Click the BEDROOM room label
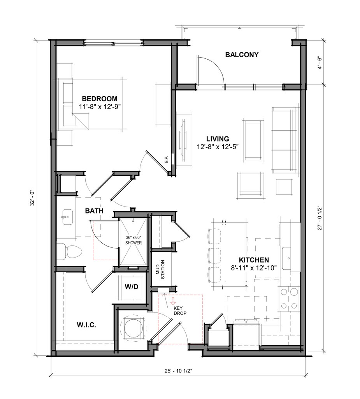tap(100, 99)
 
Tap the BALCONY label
tap(242, 55)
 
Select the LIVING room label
tap(218, 139)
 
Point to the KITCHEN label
tap(254, 260)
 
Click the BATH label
tap(94, 211)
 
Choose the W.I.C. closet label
tap(86, 325)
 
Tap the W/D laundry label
tap(132, 287)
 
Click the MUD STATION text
tap(160, 270)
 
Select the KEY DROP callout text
tap(180, 311)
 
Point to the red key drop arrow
tap(173, 301)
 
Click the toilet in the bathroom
tap(69, 252)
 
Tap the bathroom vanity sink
tap(67, 217)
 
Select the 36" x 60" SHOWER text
tap(133, 240)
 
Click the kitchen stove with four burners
tap(289, 299)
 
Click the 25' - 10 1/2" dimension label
tap(178, 371)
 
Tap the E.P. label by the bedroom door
tap(167, 159)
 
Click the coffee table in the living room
tap(253, 140)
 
